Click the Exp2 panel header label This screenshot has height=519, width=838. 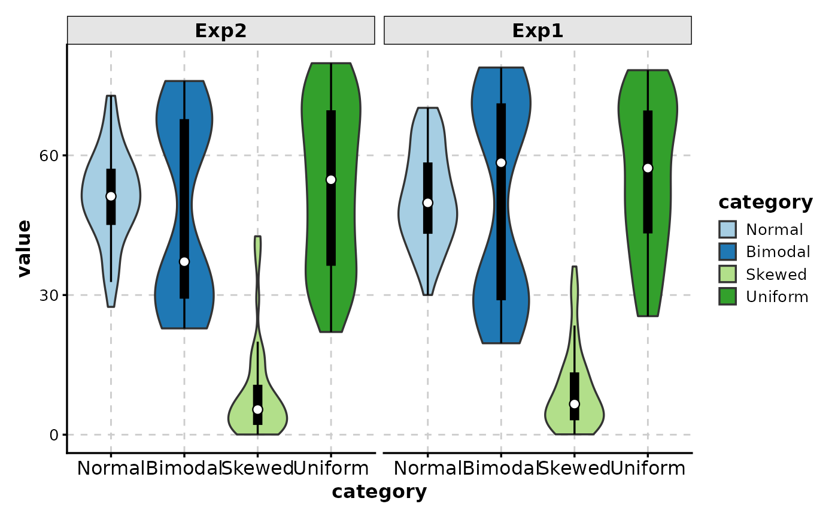(x=221, y=31)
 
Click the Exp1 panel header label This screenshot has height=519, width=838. (x=538, y=31)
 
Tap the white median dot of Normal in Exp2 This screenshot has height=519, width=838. (x=111, y=196)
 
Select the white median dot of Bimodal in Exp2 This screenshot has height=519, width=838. (x=184, y=261)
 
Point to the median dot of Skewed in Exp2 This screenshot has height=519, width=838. (x=257, y=409)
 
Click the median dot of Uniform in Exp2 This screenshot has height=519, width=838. (x=331, y=180)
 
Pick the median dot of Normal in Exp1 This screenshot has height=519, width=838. (x=427, y=203)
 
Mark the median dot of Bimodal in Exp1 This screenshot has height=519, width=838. (x=501, y=162)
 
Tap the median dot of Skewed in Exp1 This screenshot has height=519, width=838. (x=575, y=404)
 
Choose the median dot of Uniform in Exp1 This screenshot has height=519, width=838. (x=648, y=168)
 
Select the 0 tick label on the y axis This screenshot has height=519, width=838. (x=53, y=435)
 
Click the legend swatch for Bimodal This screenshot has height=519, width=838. (x=728, y=252)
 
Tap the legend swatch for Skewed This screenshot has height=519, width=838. (x=728, y=274)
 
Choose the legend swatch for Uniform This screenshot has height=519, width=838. (x=728, y=297)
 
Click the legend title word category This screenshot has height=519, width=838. (x=766, y=203)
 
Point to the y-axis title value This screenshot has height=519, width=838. (x=24, y=249)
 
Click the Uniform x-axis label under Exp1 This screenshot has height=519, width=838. (x=648, y=468)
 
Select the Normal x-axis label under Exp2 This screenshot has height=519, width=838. (x=111, y=468)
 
